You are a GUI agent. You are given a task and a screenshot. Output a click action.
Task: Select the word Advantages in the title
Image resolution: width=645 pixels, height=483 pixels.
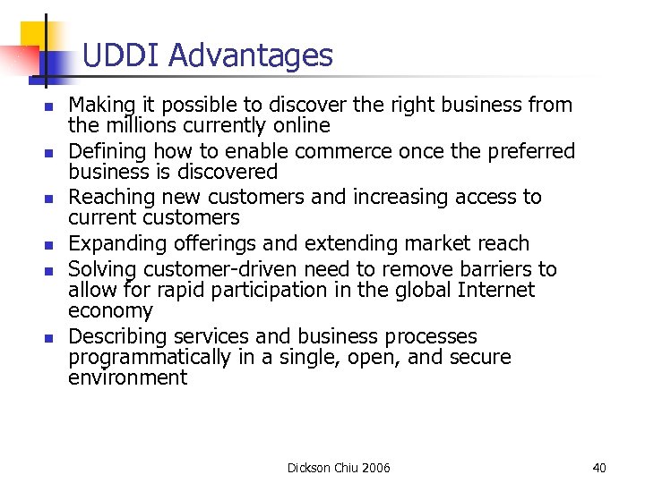250,57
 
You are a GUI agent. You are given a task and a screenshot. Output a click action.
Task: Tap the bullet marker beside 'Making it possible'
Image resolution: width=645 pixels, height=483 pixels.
49,106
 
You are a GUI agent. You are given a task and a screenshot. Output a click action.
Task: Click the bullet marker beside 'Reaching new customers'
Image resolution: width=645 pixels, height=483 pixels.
49,199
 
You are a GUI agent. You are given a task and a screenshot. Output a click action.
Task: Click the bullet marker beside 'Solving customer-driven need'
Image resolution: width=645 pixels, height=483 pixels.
49,270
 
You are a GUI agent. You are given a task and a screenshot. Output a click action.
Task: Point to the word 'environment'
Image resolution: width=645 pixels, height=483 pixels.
127,377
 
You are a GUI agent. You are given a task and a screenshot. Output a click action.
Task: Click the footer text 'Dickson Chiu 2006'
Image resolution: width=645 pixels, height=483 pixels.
339,468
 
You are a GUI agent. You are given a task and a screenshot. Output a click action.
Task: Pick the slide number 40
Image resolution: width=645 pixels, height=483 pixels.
599,468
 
